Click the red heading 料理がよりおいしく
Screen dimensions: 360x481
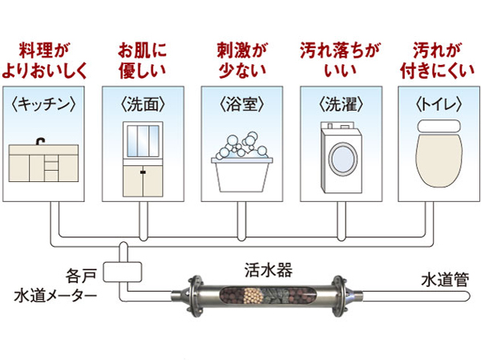pyautogui.click(x=49, y=59)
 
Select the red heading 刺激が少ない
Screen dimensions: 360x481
pyautogui.click(x=240, y=59)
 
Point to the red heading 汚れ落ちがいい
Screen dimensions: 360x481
pyautogui.click(x=338, y=59)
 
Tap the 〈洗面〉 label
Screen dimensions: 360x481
pyautogui.click(x=143, y=104)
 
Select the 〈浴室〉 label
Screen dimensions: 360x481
pyautogui.click(x=240, y=104)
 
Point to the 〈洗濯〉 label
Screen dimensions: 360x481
pyautogui.click(x=338, y=104)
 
